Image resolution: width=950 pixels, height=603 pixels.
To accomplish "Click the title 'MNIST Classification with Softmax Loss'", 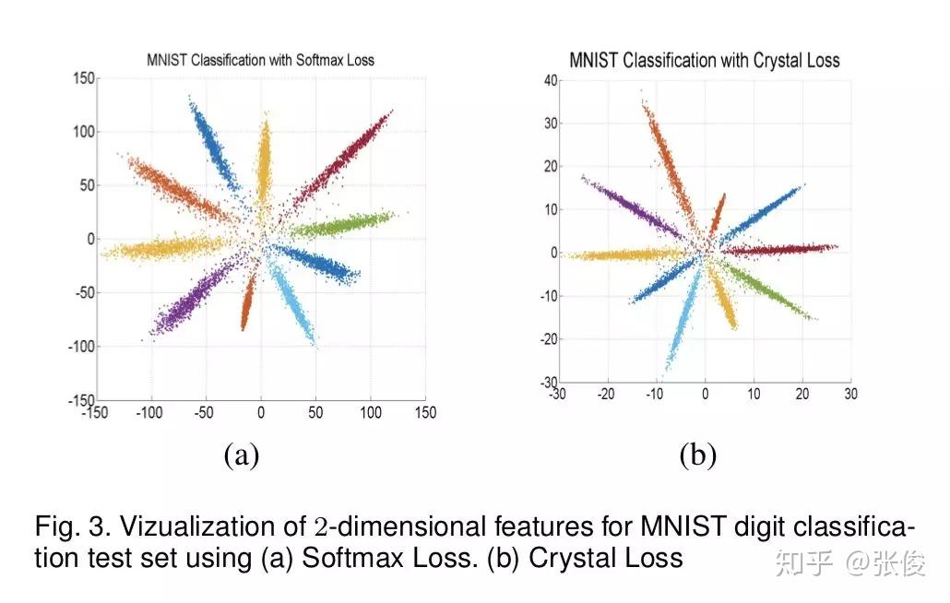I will point(260,60).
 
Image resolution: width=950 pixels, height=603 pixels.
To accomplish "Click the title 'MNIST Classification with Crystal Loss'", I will point(705,61).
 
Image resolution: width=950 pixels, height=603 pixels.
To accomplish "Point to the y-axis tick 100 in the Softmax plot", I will point(83,132).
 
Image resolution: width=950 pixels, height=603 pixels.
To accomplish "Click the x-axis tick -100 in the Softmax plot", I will point(149,413).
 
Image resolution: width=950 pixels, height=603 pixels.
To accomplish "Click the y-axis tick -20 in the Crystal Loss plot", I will point(546,339).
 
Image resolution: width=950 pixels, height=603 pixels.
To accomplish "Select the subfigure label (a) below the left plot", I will point(242,454).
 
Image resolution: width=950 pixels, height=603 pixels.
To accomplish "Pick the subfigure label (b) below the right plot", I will point(697,454).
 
